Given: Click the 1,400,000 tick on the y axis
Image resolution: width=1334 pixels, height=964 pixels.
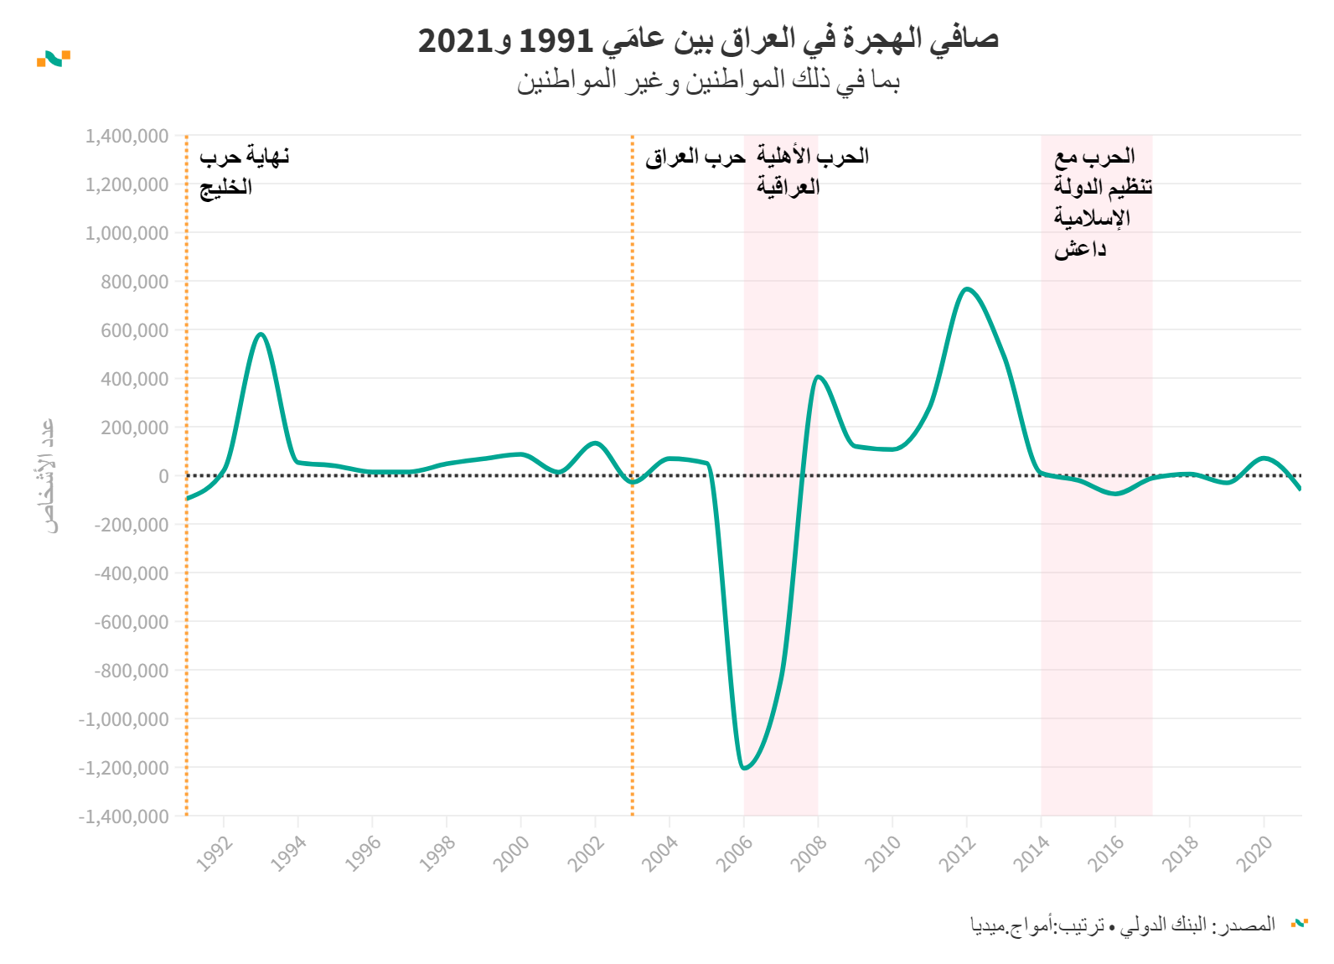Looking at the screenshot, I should (127, 136).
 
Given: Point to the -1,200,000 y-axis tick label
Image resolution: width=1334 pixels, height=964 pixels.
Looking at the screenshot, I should (123, 768).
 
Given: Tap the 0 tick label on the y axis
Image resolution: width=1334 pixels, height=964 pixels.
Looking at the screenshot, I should (163, 476).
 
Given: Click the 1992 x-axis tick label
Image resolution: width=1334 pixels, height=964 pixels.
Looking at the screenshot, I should (214, 853).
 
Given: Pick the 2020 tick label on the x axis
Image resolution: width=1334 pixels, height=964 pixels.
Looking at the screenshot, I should (1254, 853).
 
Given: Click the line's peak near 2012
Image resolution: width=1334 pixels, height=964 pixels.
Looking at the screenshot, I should (967, 289).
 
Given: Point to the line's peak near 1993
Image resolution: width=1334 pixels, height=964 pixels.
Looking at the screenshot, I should (261, 334).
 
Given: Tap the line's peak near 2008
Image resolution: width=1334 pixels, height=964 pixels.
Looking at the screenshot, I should (818, 377).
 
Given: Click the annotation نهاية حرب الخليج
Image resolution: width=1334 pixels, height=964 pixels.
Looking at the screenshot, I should (244, 171).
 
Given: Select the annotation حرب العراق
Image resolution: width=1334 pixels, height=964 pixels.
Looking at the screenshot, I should (695, 157).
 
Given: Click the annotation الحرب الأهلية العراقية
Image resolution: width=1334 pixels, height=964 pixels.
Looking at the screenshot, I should (812, 171).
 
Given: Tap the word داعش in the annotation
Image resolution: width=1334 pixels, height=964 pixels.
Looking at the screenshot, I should (1080, 249).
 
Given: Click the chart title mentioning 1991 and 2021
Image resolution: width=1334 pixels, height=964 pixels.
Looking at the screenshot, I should (708, 39).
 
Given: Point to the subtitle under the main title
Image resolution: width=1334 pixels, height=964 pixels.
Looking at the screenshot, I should (708, 80).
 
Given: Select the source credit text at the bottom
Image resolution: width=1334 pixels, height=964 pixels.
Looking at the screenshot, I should (1123, 925).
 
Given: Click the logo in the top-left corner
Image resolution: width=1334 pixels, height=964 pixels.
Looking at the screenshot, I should (54, 58).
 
